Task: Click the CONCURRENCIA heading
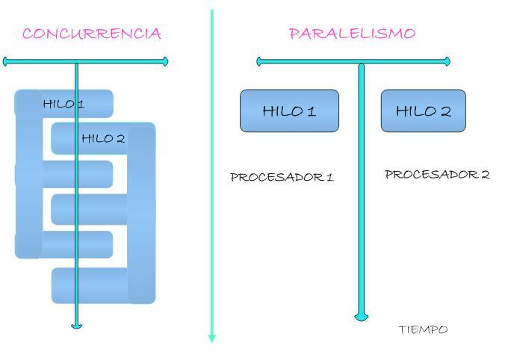pyautogui.click(x=92, y=34)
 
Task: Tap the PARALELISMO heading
pyautogui.click(x=352, y=34)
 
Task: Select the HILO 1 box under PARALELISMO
pyautogui.click(x=289, y=111)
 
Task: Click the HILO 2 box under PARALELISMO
pyautogui.click(x=423, y=111)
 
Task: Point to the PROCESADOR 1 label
pyautogui.click(x=282, y=178)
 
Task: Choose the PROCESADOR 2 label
pyautogui.click(x=437, y=175)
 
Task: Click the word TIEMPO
pyautogui.click(x=423, y=329)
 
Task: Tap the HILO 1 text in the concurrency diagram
pyautogui.click(x=63, y=104)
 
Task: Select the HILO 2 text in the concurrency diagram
pyautogui.click(x=103, y=138)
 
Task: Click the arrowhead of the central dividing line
pyautogui.click(x=211, y=338)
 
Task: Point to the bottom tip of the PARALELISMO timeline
pyautogui.click(x=362, y=318)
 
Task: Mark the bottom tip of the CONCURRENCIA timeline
pyautogui.click(x=76, y=326)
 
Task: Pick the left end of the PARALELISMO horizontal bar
pyautogui.click(x=259, y=61)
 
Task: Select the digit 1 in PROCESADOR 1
pyautogui.click(x=329, y=178)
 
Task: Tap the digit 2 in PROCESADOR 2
pyautogui.click(x=486, y=175)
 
